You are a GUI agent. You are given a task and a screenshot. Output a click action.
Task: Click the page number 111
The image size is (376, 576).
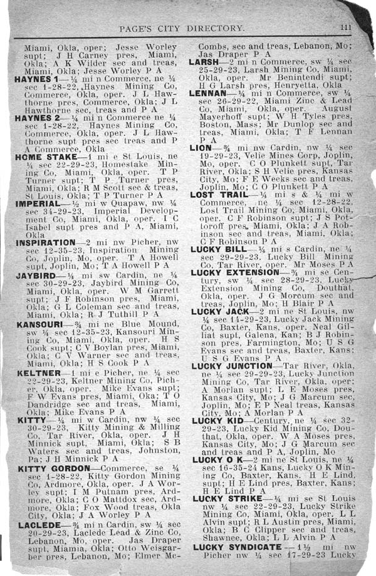coord(346,27)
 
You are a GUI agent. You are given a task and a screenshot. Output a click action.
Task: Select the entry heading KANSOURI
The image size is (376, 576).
coord(38,325)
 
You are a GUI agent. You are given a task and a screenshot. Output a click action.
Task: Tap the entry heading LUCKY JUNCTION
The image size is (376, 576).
coord(232,366)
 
